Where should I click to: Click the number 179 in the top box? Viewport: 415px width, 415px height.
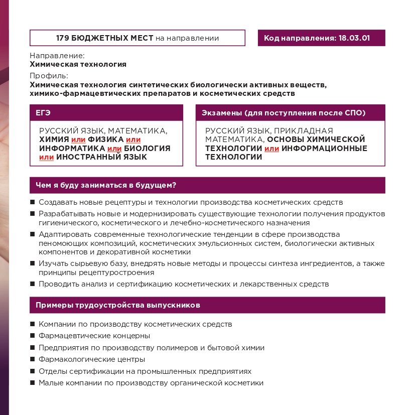(x=63, y=38)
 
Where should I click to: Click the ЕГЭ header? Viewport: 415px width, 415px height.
(x=43, y=112)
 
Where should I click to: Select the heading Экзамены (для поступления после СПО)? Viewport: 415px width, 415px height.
(x=283, y=112)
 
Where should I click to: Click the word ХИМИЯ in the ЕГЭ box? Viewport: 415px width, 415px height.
(x=54, y=140)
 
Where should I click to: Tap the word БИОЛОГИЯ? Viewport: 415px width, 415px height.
(x=148, y=149)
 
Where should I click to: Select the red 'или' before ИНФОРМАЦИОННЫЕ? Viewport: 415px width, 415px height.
(x=271, y=149)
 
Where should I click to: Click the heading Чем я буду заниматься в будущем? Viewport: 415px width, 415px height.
(x=105, y=185)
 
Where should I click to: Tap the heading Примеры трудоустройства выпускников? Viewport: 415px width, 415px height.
(x=118, y=305)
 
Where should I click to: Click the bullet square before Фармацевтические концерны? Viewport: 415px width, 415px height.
(x=33, y=336)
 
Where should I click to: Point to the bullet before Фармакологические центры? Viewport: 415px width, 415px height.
(x=33, y=360)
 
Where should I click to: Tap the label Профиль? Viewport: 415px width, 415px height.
(x=49, y=76)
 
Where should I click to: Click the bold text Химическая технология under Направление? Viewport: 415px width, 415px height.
(x=78, y=64)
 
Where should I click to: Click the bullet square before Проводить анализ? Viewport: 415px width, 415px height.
(x=33, y=285)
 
